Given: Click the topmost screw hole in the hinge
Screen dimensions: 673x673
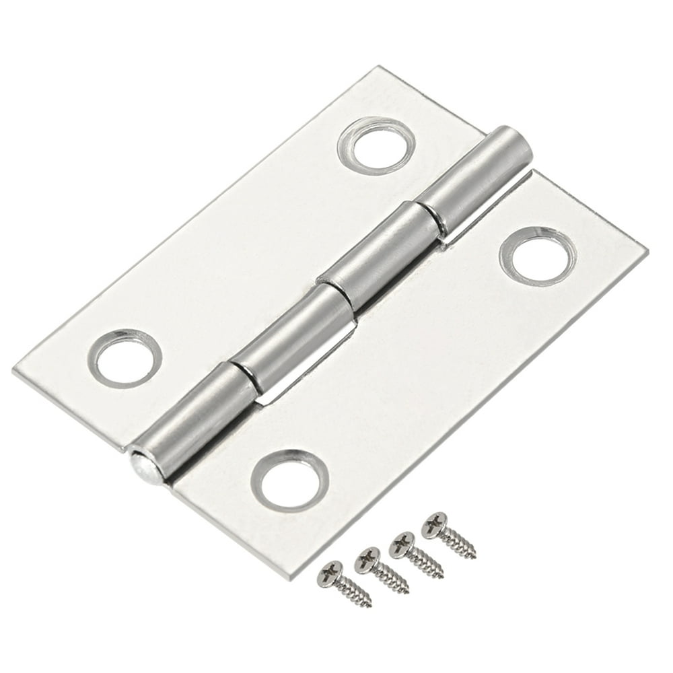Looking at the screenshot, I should click(374, 144).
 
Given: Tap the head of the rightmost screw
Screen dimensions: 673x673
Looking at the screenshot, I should click(434, 523).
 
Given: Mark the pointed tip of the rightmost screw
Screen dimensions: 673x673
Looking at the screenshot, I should click(474, 556).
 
